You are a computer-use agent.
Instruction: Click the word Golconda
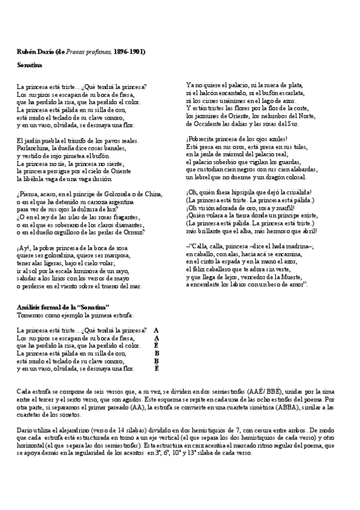(x=118, y=194)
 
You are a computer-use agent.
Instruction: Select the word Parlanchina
(x=34, y=148)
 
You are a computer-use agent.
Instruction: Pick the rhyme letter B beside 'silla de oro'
(x=157, y=353)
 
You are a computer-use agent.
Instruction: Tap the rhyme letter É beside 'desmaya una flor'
(x=157, y=368)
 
